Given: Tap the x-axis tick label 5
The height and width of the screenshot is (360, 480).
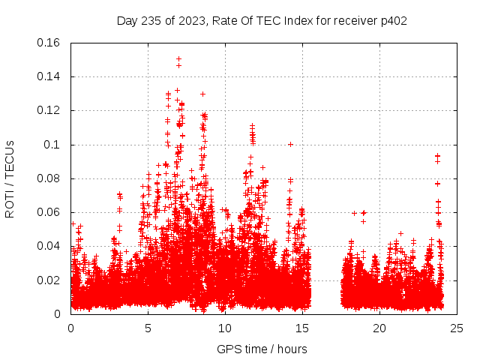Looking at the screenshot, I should (x=148, y=328).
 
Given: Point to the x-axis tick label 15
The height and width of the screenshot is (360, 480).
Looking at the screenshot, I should (x=302, y=328).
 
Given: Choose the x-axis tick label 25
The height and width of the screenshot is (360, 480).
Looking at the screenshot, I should (x=457, y=328).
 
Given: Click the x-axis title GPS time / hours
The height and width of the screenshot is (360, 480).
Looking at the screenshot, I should (x=262, y=349).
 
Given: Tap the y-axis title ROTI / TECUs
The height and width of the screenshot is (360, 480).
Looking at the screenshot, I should (x=10, y=178).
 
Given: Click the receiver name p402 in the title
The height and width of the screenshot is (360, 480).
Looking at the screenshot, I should (x=393, y=20).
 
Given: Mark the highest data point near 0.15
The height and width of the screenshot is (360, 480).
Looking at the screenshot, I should (x=178, y=58).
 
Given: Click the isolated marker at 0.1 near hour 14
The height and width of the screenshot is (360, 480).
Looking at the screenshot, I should (x=290, y=144).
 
